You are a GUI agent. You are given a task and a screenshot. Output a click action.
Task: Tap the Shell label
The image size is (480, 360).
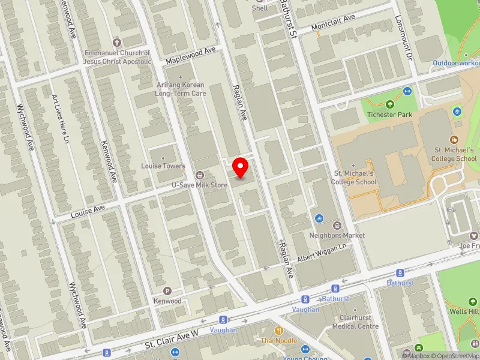click(260, 8)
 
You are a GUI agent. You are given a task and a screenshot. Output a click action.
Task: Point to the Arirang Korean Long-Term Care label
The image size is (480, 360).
click(180, 89)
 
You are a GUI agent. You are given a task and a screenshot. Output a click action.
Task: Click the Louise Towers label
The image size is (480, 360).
click(163, 166)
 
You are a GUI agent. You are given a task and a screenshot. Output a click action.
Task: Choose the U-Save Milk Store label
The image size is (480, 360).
click(200, 185)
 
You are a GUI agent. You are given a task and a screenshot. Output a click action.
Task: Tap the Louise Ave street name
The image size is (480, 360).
click(88, 211)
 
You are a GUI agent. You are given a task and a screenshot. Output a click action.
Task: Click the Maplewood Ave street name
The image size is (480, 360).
click(190, 56)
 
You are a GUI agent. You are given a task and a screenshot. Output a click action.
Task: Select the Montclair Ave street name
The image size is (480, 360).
click(333, 23)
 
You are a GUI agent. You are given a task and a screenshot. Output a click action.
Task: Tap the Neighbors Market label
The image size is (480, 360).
click(337, 235)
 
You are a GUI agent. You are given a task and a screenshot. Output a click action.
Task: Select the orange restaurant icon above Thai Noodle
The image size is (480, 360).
click(278, 330)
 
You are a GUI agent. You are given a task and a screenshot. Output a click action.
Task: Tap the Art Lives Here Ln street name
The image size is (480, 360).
click(60, 120)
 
